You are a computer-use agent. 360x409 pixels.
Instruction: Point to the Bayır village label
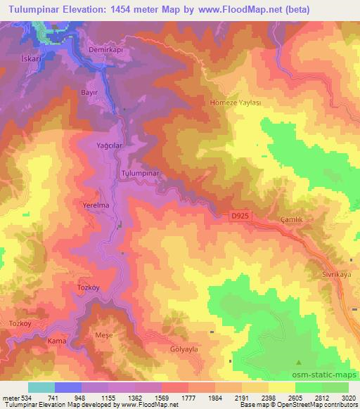[88, 92]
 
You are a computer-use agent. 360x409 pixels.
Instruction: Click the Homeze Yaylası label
[236, 102]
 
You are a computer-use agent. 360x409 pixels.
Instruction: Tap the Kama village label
[56, 341]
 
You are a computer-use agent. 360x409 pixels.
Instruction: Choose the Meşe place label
[103, 335]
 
